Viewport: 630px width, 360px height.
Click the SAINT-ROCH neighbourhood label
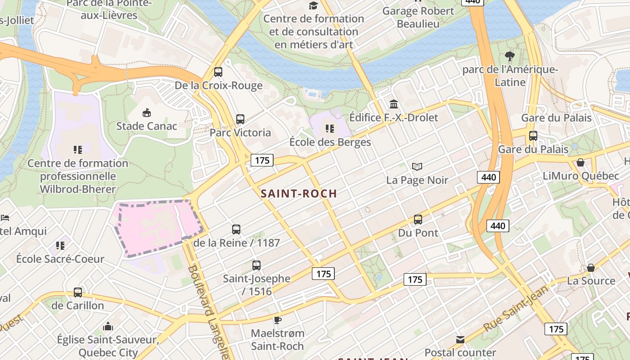pyautogui.click(x=299, y=193)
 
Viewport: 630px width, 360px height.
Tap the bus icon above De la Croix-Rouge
pyautogui.click(x=218, y=72)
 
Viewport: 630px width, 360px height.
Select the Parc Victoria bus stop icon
pyautogui.click(x=240, y=119)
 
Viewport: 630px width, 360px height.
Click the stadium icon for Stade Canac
pyautogui.click(x=146, y=112)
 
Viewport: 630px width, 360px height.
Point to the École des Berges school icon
pyautogui.click(x=330, y=129)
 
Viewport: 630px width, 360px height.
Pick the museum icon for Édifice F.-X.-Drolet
pyautogui.click(x=394, y=104)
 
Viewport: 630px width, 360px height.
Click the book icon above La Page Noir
pyautogui.click(x=417, y=167)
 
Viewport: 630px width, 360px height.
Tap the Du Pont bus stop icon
pyautogui.click(x=418, y=220)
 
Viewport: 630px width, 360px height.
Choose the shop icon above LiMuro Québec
pyautogui.click(x=580, y=162)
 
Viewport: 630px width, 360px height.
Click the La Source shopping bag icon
pyautogui.click(x=591, y=268)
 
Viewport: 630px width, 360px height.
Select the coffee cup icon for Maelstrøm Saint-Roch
pyautogui.click(x=278, y=320)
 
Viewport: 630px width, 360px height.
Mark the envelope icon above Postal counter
pyautogui.click(x=460, y=340)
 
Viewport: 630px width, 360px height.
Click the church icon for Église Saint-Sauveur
pyautogui.click(x=108, y=326)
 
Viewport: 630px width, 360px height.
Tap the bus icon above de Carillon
pyautogui.click(x=78, y=292)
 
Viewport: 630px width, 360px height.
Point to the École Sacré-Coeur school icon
pyautogui.click(x=60, y=246)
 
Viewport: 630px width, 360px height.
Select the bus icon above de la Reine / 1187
pyautogui.click(x=236, y=229)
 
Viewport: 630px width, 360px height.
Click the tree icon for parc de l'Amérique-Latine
pyautogui.click(x=510, y=56)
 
